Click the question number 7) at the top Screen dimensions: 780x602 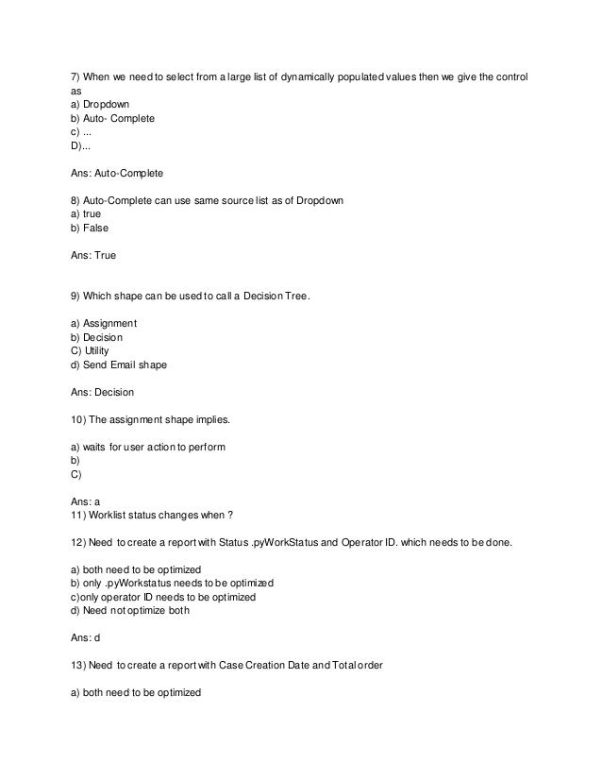pyautogui.click(x=76, y=75)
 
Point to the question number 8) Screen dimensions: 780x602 pyautogui.click(x=76, y=202)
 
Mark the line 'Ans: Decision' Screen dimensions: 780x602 pyautogui.click(x=103, y=392)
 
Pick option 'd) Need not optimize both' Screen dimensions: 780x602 pyautogui.click(x=130, y=611)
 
